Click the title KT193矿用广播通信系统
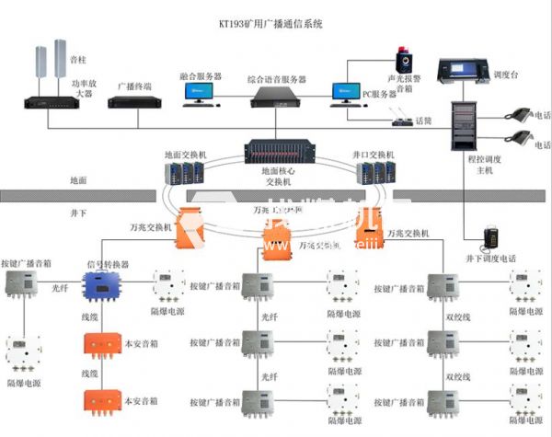(x=276, y=25)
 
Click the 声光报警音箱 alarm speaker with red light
(x=403, y=61)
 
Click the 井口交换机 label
(x=374, y=155)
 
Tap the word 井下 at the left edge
(x=79, y=212)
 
